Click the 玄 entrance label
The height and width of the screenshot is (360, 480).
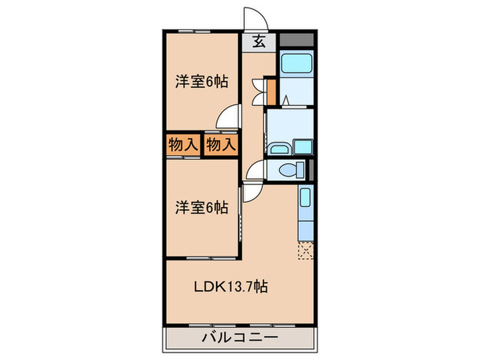(x=260, y=41)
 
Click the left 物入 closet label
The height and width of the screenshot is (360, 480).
(x=182, y=145)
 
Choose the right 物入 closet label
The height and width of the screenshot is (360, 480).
(x=221, y=145)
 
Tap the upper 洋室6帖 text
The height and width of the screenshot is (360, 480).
(x=201, y=82)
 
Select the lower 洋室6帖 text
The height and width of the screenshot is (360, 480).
(x=201, y=206)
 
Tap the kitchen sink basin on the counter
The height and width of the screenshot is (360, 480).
(x=306, y=200)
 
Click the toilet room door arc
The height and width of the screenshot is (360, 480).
(x=255, y=170)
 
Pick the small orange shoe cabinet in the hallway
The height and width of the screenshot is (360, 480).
(x=271, y=91)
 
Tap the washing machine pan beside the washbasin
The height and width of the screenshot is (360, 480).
(x=302, y=147)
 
